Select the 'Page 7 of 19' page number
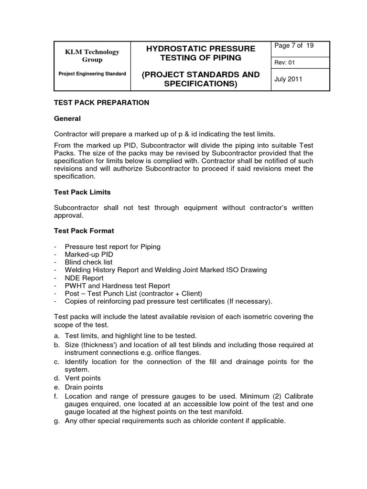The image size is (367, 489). (293, 46)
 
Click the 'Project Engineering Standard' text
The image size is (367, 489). (92, 74)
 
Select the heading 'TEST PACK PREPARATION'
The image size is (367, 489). (101, 102)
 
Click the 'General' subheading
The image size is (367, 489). (67, 118)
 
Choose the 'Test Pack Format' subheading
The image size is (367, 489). (83, 231)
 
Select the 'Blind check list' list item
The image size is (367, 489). (89, 262)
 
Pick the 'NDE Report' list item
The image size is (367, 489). (84, 277)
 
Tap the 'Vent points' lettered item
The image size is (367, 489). (83, 378)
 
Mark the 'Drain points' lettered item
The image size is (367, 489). (84, 387)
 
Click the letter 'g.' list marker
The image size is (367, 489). (56, 421)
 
